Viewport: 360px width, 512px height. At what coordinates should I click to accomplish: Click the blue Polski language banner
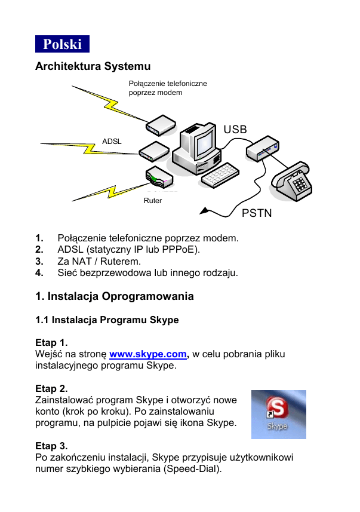(62, 44)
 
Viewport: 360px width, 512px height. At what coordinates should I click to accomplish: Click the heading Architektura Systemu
(93, 66)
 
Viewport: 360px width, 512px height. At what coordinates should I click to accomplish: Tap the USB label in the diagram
(235, 130)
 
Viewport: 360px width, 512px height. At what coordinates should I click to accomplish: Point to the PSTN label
(257, 213)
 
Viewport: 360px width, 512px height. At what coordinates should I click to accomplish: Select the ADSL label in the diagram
(112, 142)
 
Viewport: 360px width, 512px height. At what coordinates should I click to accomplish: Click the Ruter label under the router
(153, 201)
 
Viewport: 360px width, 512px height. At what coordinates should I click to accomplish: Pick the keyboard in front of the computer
(220, 174)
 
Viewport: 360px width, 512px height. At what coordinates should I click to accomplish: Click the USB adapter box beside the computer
(263, 148)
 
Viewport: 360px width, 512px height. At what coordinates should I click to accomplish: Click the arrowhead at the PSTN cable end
(204, 210)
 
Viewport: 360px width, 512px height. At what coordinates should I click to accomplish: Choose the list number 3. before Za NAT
(39, 262)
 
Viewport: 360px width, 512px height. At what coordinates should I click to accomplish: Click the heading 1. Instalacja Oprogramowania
(114, 296)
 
